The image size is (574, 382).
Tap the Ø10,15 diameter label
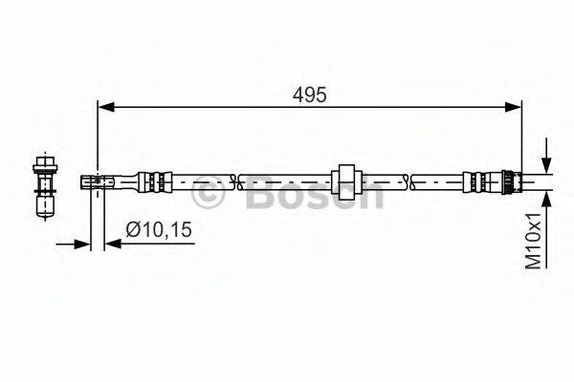[x=160, y=228]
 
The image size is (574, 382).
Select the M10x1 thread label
[x=536, y=244]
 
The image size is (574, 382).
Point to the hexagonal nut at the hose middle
[x=345, y=179]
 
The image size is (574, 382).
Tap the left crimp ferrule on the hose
[x=153, y=179]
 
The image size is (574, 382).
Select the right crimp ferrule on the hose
[x=475, y=179]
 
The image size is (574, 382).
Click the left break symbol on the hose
[x=236, y=179]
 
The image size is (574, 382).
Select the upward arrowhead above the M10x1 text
[x=545, y=196]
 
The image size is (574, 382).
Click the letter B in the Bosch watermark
[x=257, y=195]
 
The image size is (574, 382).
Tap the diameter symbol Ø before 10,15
[x=133, y=228]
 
